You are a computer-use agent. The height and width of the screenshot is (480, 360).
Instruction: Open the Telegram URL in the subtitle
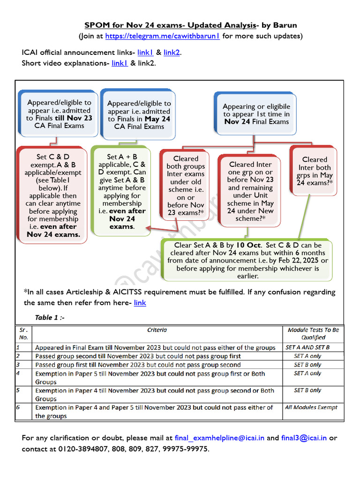point(162,36)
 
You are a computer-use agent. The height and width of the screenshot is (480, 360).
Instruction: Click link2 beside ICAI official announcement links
point(172,52)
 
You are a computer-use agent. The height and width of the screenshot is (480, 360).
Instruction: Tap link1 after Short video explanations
point(120,63)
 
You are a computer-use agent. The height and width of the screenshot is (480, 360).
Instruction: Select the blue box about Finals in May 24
point(139,115)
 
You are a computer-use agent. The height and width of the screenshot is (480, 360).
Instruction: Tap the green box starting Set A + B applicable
point(122,191)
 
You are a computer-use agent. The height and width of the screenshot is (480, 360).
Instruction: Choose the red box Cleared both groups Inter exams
point(186,185)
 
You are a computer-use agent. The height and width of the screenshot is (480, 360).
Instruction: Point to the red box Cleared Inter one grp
point(251,191)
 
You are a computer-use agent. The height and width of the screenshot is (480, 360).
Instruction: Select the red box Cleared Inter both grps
point(314,171)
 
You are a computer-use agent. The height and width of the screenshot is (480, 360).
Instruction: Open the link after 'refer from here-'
point(140,303)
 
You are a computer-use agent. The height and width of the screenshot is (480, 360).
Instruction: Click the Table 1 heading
point(50,317)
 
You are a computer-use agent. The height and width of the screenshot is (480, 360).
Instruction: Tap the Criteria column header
point(157,330)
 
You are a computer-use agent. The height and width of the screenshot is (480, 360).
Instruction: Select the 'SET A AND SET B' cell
point(307,347)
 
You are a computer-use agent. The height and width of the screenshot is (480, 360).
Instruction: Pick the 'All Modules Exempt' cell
point(311,407)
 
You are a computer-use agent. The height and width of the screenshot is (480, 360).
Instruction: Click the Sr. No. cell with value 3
point(18,365)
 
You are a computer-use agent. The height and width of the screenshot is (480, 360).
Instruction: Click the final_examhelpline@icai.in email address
point(219,438)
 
